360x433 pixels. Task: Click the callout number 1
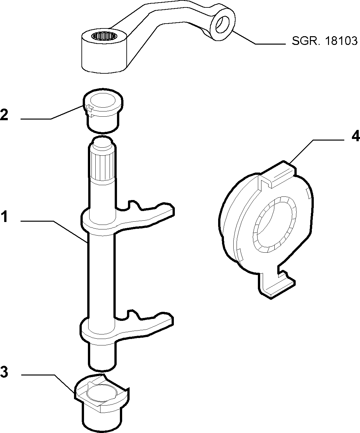point(5,216)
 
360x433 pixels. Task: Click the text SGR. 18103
point(324,41)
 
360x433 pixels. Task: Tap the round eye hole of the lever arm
point(222,25)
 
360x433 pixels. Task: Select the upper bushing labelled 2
point(103,111)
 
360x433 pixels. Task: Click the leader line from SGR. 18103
point(259,37)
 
